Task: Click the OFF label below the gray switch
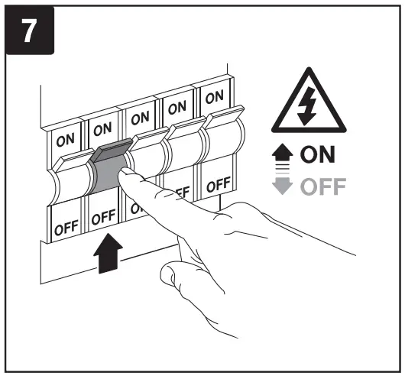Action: click(x=102, y=219)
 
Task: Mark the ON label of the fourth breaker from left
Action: click(x=176, y=108)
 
